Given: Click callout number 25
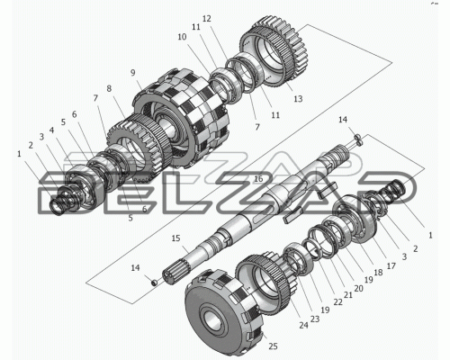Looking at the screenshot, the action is pos(273,346).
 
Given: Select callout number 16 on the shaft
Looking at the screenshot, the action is pos(258,179).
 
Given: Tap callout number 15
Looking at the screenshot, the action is pos(175,238).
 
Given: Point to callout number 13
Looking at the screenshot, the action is pos(298,99).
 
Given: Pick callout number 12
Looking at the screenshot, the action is pos(207,19).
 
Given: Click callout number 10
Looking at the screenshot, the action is pos(182,37).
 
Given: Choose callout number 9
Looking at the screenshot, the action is pos(133,73).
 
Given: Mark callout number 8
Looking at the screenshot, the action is pos(109,88).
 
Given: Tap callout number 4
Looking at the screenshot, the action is pos(52,130).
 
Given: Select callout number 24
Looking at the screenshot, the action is pos(303,325).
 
